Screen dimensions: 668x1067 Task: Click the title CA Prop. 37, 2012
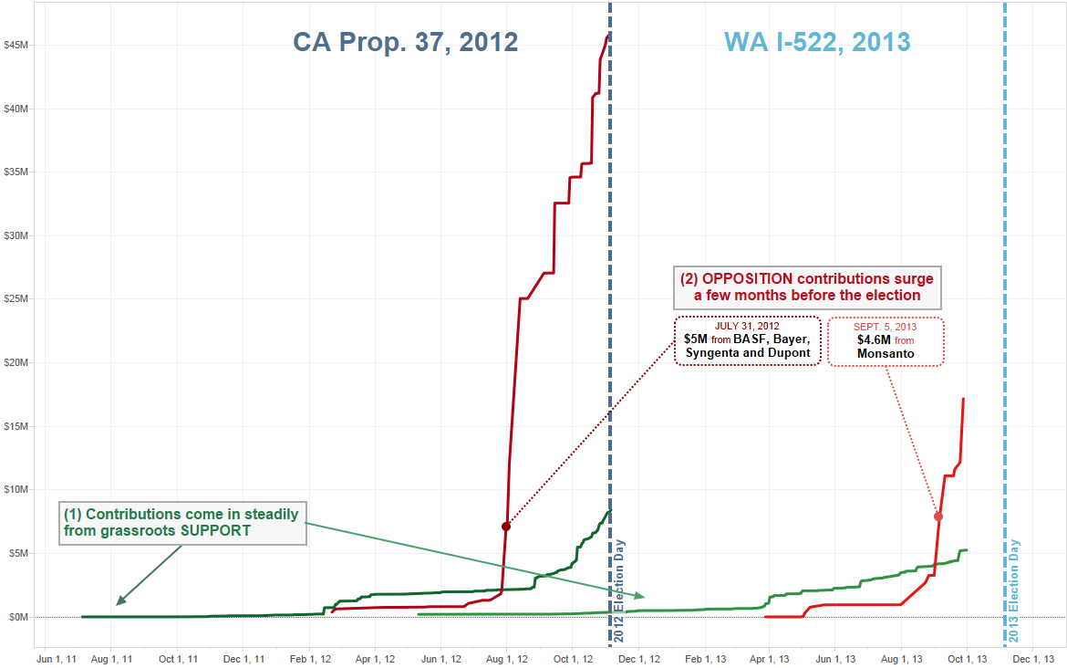pos(405,42)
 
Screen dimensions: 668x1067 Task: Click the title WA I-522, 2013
pos(817,42)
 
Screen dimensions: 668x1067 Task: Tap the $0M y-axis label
pos(19,617)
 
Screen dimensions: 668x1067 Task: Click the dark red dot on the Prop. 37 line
pos(506,527)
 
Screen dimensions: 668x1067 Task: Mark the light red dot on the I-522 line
pos(938,517)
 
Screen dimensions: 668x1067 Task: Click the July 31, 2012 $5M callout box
pos(748,339)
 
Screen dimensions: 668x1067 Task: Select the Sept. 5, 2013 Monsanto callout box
pos(886,340)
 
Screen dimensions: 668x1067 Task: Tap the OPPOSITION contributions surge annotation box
pos(807,287)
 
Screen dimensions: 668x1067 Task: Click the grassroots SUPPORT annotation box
pos(182,522)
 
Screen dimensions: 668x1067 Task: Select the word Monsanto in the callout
pos(886,353)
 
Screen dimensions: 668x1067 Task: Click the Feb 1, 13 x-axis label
pos(706,658)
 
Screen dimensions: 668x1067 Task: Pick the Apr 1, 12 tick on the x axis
pos(375,658)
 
